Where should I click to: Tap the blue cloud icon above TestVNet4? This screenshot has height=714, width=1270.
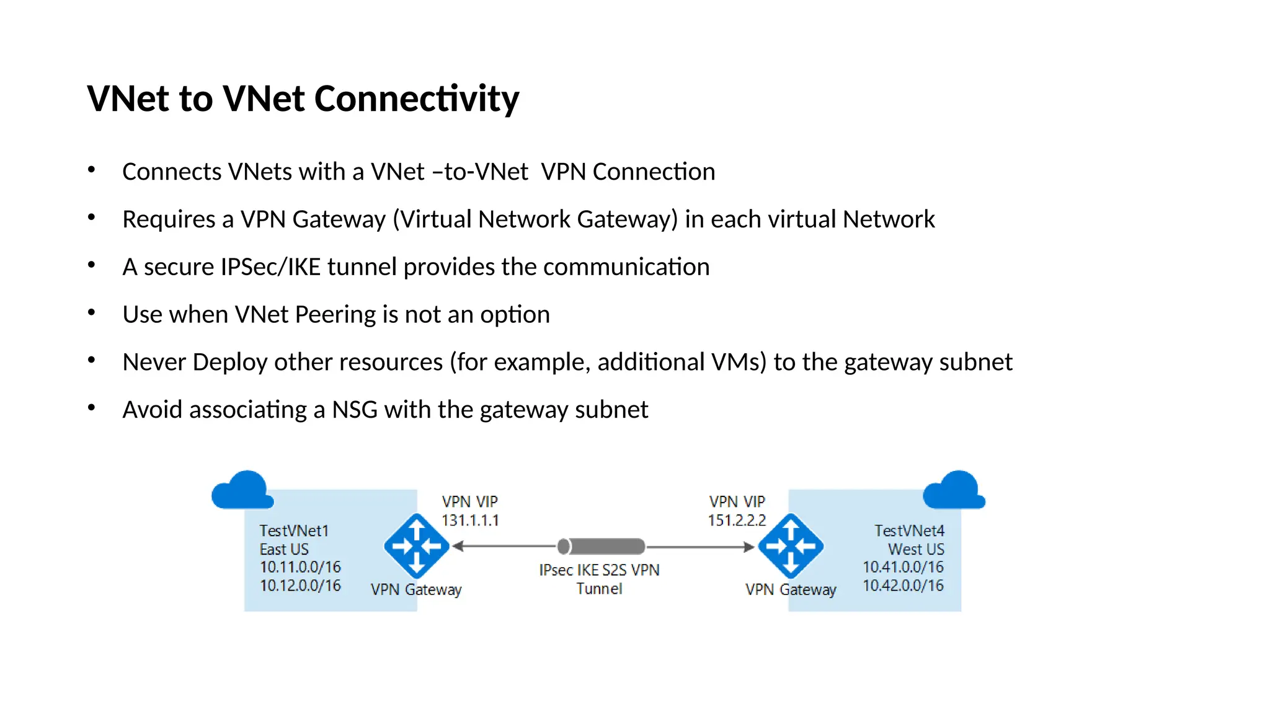coord(954,491)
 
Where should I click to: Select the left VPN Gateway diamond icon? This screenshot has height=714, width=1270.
coord(417,546)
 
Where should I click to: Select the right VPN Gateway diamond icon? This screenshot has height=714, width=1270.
coord(791,546)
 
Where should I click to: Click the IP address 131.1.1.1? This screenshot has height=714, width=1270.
coord(470,521)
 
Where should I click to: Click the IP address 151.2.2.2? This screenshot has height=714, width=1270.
coord(737,521)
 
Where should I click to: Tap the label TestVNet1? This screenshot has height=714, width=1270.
coord(294,531)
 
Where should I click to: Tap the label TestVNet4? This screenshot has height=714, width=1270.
coord(909,531)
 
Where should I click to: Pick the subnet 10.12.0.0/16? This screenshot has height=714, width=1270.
coord(300,586)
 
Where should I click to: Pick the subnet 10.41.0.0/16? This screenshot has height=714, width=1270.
coord(903,567)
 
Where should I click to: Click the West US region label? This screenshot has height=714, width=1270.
coord(916,550)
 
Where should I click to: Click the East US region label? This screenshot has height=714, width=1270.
coord(284,550)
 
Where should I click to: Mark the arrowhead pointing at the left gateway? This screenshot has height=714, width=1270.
coord(458,546)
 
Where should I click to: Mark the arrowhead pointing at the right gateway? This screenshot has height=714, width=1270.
coord(749,547)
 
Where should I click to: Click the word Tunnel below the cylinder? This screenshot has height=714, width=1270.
coord(599,589)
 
